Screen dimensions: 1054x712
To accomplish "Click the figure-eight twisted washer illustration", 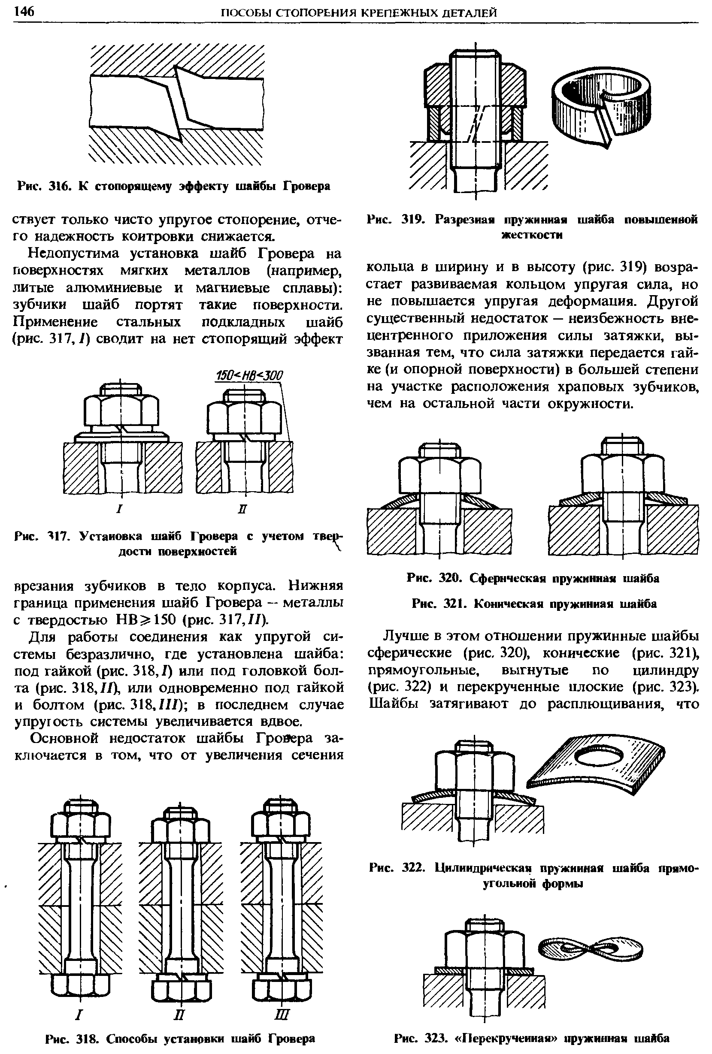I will (x=591, y=948).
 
